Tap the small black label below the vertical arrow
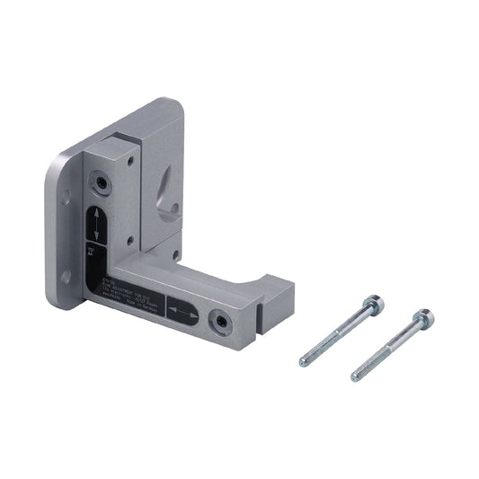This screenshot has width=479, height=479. [x=94, y=254]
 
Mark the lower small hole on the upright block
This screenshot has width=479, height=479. [x=132, y=240]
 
